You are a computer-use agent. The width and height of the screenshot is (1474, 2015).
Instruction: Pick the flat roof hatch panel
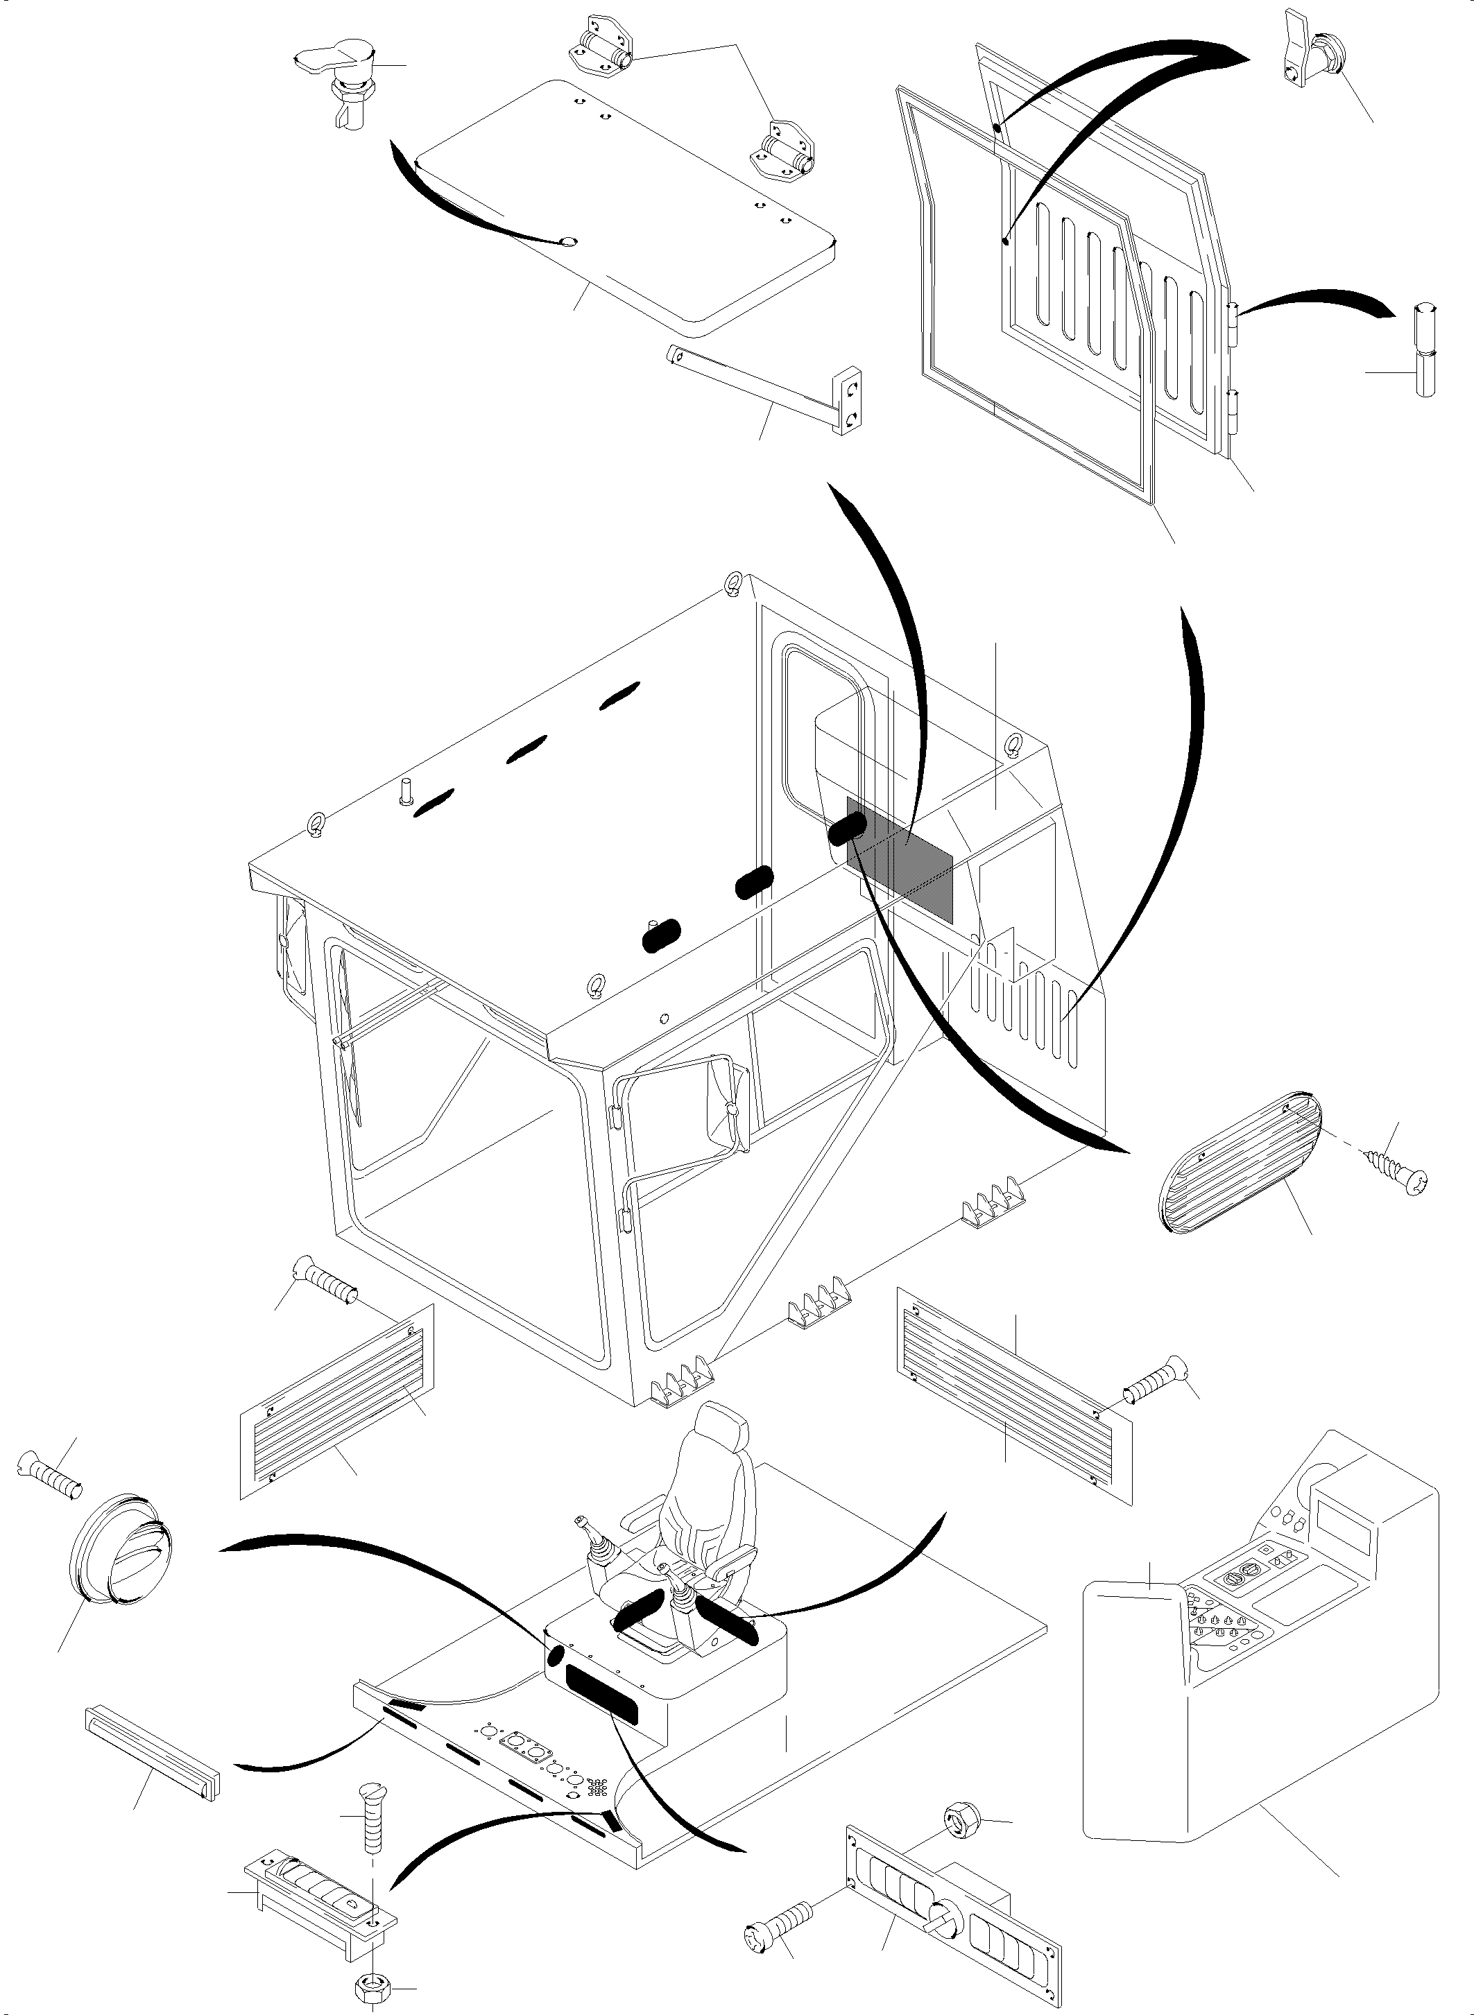click(x=624, y=205)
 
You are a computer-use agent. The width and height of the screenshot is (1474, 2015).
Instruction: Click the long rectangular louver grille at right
click(x=1013, y=1392)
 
